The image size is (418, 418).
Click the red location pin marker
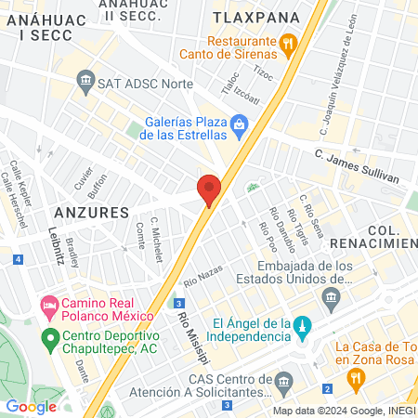209,189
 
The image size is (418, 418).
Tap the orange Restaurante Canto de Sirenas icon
288,42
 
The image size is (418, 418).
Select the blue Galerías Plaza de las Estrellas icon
240,123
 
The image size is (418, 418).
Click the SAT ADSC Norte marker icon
85,83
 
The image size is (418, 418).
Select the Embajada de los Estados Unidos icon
330,297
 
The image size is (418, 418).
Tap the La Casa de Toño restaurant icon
353,378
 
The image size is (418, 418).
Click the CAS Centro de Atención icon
284,380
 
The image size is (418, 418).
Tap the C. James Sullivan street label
357,165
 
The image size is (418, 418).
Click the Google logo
31,406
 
